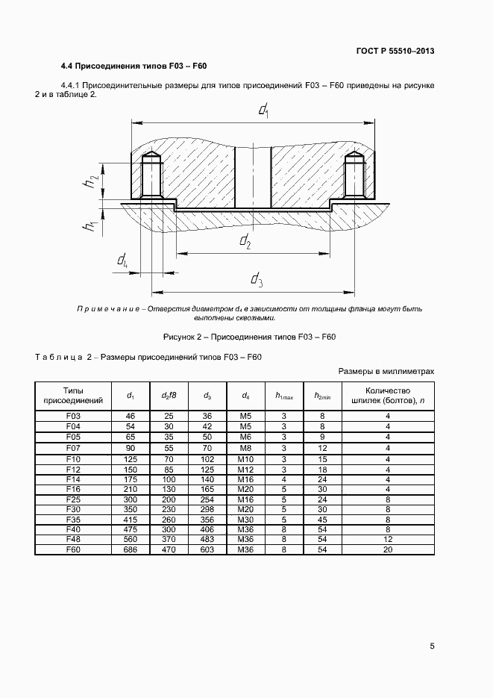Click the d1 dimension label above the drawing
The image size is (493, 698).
(x=264, y=110)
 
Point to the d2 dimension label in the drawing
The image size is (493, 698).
(x=245, y=240)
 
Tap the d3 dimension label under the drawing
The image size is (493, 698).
(x=257, y=280)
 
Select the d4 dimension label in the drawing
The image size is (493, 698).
(x=122, y=261)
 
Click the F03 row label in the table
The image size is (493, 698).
(x=73, y=415)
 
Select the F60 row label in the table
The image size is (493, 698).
(x=73, y=550)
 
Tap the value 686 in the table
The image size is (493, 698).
(x=130, y=550)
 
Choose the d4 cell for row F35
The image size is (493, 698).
(x=245, y=519)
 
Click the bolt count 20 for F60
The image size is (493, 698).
(x=388, y=550)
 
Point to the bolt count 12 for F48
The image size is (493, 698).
(x=388, y=540)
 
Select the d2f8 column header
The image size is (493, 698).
(x=169, y=396)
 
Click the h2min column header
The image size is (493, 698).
(x=322, y=396)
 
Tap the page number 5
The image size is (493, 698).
(x=433, y=646)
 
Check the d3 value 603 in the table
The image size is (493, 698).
(x=207, y=550)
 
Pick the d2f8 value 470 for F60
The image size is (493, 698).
(x=169, y=550)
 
